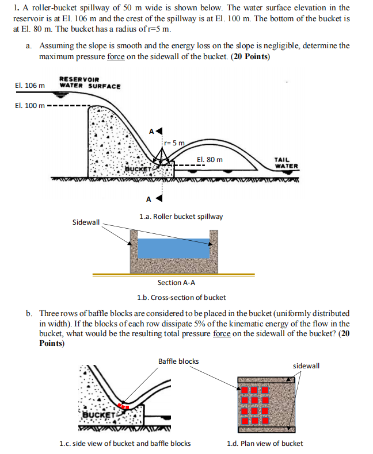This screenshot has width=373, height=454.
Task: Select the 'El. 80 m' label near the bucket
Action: (x=210, y=160)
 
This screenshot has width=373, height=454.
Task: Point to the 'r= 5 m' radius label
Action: (x=174, y=143)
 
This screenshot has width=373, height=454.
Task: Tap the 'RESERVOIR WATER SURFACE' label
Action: (x=90, y=83)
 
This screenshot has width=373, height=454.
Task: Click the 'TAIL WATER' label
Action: (x=286, y=163)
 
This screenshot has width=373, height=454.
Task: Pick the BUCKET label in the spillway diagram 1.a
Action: (x=138, y=170)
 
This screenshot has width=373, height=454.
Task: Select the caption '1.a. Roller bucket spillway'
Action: (x=181, y=217)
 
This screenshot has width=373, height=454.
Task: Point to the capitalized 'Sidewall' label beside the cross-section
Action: (x=86, y=222)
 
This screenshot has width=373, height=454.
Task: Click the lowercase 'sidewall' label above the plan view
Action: (x=306, y=365)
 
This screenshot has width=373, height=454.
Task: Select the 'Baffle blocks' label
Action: (x=178, y=361)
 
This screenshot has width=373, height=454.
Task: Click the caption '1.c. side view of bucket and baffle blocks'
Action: (x=125, y=443)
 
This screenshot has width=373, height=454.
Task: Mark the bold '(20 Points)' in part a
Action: (x=250, y=57)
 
